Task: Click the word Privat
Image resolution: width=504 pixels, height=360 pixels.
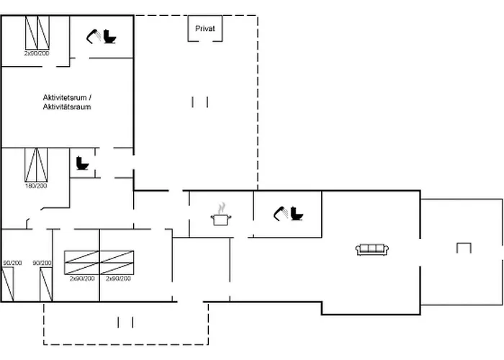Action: click(205, 29)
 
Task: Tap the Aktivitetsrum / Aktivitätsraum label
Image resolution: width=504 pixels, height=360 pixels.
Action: click(67, 102)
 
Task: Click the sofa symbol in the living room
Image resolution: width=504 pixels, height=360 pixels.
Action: click(372, 250)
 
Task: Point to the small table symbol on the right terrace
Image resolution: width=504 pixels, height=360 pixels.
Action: click(463, 248)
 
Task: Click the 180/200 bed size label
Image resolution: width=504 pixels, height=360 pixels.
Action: click(35, 186)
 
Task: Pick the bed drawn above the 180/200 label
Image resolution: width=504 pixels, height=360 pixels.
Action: click(35, 164)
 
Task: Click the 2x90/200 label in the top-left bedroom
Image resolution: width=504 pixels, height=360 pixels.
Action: click(36, 53)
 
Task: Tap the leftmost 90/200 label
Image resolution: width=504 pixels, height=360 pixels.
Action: click(12, 264)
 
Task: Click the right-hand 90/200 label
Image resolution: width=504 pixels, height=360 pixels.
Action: click(42, 264)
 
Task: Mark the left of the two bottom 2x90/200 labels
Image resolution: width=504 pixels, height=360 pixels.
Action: click(82, 278)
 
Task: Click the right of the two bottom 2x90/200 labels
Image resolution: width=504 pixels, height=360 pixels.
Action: click(117, 278)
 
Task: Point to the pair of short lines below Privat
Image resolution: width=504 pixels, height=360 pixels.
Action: click(200, 102)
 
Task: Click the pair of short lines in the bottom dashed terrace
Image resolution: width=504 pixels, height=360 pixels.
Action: click(125, 322)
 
